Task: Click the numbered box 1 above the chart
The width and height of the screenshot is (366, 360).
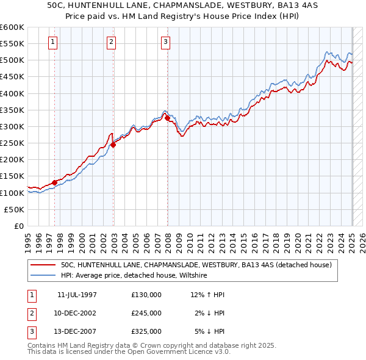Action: tap(53, 42)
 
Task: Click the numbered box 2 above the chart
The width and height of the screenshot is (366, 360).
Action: tap(112, 42)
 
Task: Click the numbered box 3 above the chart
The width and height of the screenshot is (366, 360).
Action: tap(166, 42)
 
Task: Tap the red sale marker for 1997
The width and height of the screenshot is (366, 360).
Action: tap(55, 182)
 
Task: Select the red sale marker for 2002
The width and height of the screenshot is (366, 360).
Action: tap(113, 145)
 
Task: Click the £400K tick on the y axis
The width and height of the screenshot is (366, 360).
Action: tap(12, 93)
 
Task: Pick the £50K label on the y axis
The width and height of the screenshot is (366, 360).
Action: tap(15, 209)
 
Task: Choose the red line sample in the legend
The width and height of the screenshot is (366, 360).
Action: tap(43, 265)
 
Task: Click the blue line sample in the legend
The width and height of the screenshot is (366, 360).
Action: tap(43, 276)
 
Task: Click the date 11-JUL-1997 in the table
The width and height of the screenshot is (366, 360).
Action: tap(77, 295)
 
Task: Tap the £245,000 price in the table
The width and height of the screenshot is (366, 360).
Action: tap(146, 313)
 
